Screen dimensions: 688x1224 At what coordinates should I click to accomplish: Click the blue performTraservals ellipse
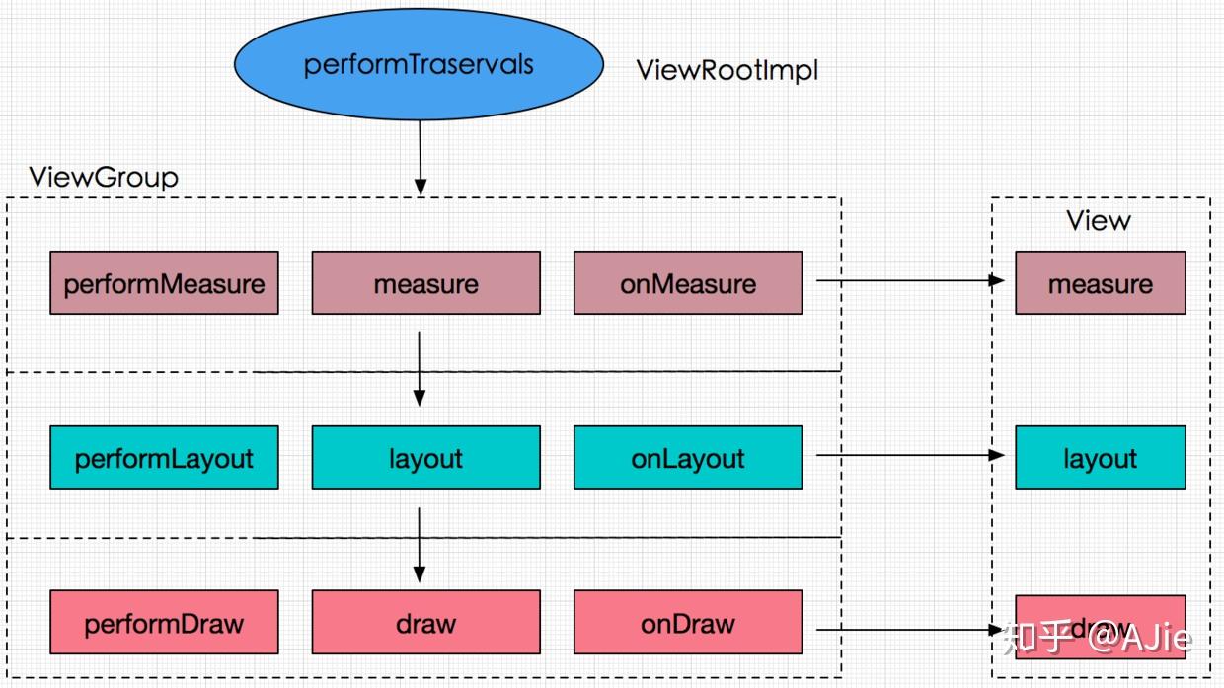click(x=419, y=65)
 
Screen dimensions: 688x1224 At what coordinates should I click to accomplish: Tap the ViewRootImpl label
click(x=727, y=70)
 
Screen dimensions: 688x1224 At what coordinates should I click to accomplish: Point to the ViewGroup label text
click(x=104, y=178)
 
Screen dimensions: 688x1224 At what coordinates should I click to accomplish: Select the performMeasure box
click(x=164, y=283)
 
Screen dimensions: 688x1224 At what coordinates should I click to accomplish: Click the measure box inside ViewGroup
click(x=425, y=283)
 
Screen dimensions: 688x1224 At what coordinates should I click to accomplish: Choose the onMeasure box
click(x=687, y=283)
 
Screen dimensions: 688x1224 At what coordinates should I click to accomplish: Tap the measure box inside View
click(x=1100, y=283)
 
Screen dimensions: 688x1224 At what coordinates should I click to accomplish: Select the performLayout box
click(x=164, y=457)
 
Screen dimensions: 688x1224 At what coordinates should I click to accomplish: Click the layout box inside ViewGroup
click(x=425, y=457)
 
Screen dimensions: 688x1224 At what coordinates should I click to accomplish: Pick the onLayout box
click(x=687, y=457)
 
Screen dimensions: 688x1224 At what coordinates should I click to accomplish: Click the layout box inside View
click(x=1100, y=457)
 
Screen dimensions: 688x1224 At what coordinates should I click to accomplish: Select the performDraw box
click(x=164, y=622)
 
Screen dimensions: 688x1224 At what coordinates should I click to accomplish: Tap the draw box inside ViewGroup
click(x=425, y=622)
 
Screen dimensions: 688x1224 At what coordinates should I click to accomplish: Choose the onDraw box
click(x=687, y=622)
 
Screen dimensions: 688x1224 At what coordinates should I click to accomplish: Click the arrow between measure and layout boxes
click(x=420, y=368)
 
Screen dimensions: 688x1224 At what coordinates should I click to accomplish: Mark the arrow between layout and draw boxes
click(x=420, y=544)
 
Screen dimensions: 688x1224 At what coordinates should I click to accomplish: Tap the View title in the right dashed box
click(x=1098, y=220)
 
